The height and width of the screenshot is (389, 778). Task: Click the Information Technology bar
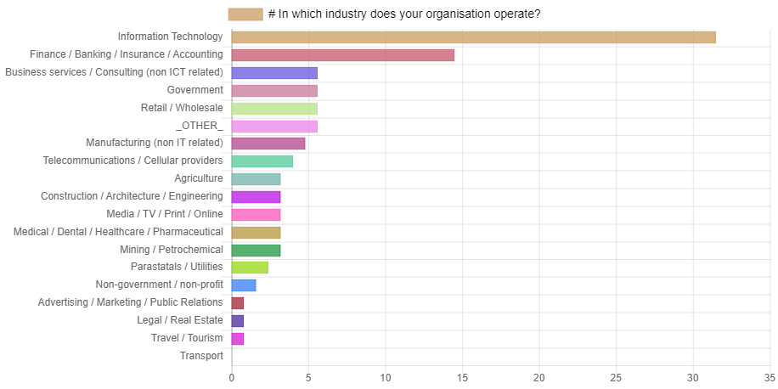coord(473,37)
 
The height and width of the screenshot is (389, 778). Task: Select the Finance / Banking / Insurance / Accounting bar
coord(343,55)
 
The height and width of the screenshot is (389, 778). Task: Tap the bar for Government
coord(274,91)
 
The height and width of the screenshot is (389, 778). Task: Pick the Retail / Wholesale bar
coord(274,109)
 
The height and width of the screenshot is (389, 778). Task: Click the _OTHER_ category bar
coord(274,127)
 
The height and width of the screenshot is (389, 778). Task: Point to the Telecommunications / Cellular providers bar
coord(262,161)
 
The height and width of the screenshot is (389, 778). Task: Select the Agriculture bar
coord(256,179)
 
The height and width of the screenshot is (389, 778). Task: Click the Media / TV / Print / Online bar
coord(256,215)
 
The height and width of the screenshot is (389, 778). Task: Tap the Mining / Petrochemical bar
coord(256,251)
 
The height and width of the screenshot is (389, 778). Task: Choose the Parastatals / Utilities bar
coord(250,268)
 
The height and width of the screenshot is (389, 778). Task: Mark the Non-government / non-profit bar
coord(244,285)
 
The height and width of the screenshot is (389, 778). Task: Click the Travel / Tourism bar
coord(238,339)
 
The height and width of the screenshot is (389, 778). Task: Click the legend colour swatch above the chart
coord(245,14)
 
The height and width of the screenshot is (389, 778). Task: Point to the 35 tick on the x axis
coord(770,377)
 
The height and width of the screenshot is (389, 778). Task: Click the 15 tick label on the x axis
coord(462,377)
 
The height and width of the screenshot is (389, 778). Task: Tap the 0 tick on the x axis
coord(231,377)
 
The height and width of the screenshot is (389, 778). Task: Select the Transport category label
coord(201,356)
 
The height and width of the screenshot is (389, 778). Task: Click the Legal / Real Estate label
coord(180,320)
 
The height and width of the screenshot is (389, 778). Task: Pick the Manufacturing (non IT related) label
coord(155,144)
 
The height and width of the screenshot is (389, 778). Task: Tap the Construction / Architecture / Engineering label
coord(132,196)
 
